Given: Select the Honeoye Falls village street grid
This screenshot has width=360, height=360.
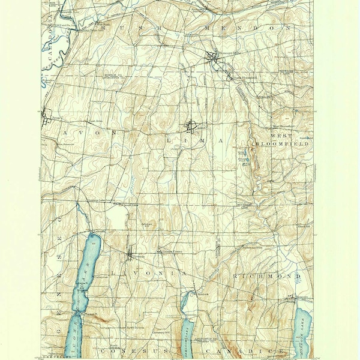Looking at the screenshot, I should click(211, 58).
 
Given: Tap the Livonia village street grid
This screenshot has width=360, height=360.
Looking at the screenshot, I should click(131, 257).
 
